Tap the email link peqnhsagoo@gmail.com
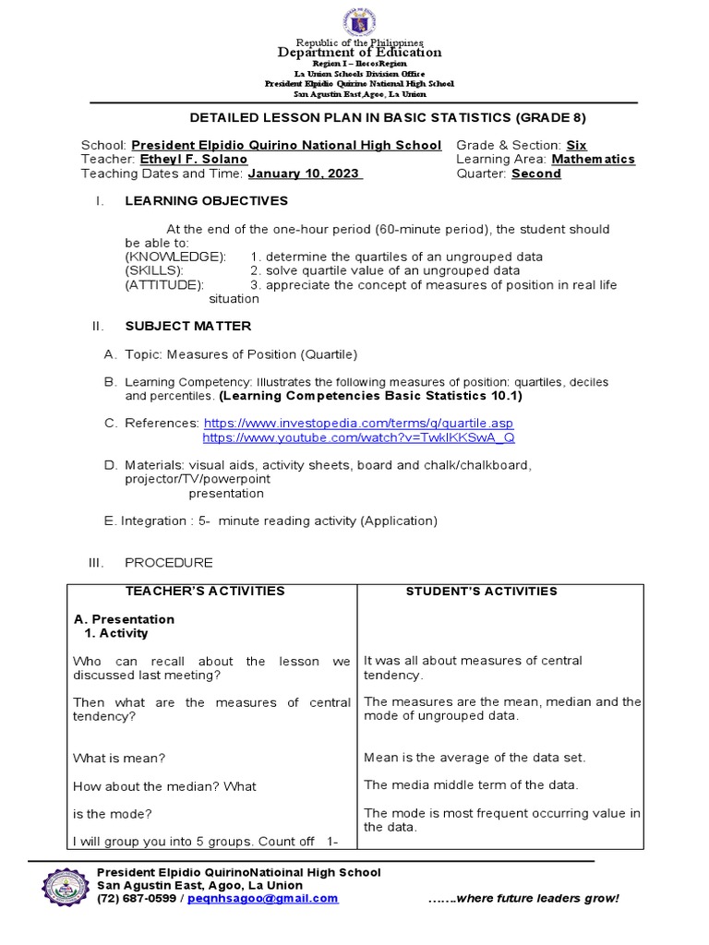pos(262,898)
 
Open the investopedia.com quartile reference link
pos(358,423)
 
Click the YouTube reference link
pos(358,437)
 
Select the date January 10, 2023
pos(306,173)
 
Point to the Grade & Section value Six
pos(576,146)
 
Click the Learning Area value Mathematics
pos(593,160)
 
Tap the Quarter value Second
pos(535,173)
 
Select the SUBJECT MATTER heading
pos(187,326)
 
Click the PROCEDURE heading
pos(169,562)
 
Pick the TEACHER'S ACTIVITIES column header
pos(211,591)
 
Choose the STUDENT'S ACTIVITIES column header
pos(481,591)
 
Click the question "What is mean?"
pos(119,759)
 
